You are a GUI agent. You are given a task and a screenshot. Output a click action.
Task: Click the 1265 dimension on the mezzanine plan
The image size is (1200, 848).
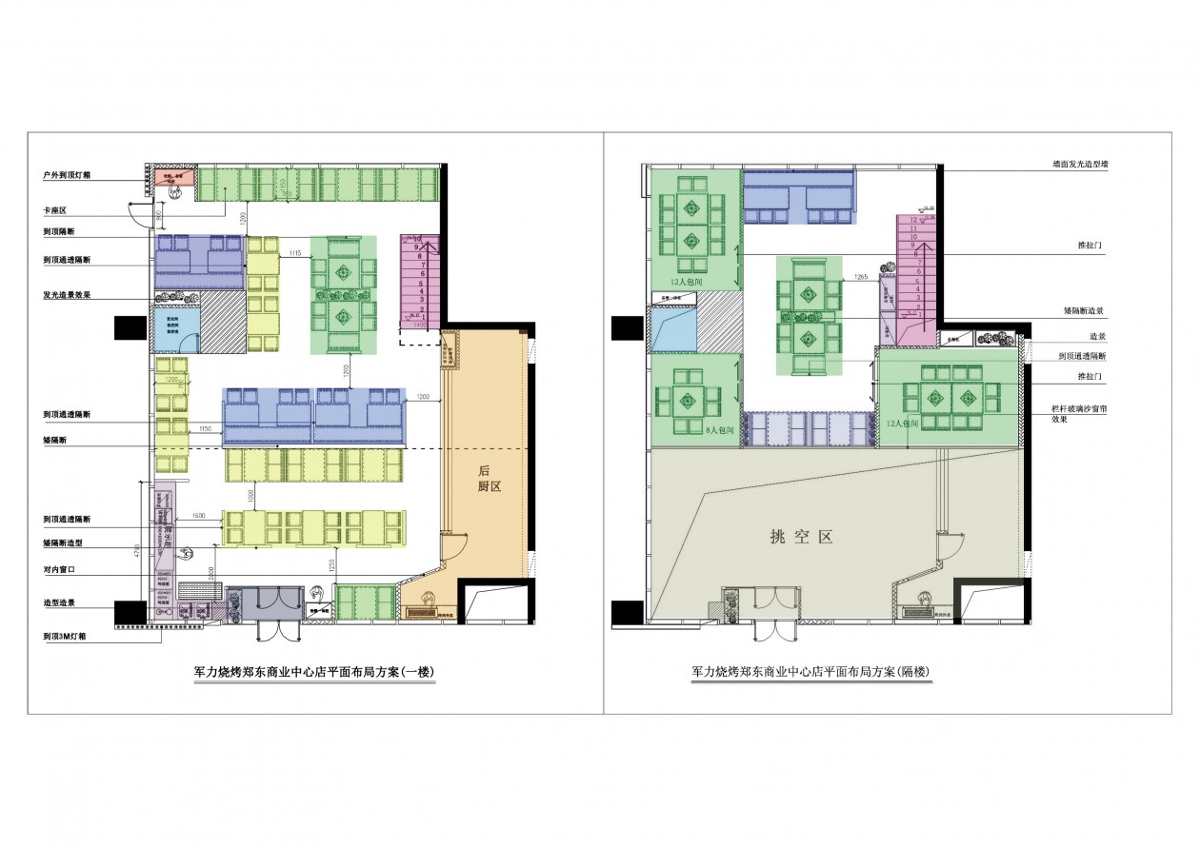[x=860, y=277]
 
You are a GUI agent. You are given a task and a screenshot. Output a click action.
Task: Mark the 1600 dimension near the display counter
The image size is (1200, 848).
[x=199, y=517]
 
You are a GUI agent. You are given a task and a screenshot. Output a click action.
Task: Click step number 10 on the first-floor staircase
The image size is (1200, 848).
[x=419, y=240]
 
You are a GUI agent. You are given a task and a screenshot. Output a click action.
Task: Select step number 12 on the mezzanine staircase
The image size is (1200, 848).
[x=912, y=220]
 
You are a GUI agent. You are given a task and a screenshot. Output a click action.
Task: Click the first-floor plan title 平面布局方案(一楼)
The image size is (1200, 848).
[x=313, y=672]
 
